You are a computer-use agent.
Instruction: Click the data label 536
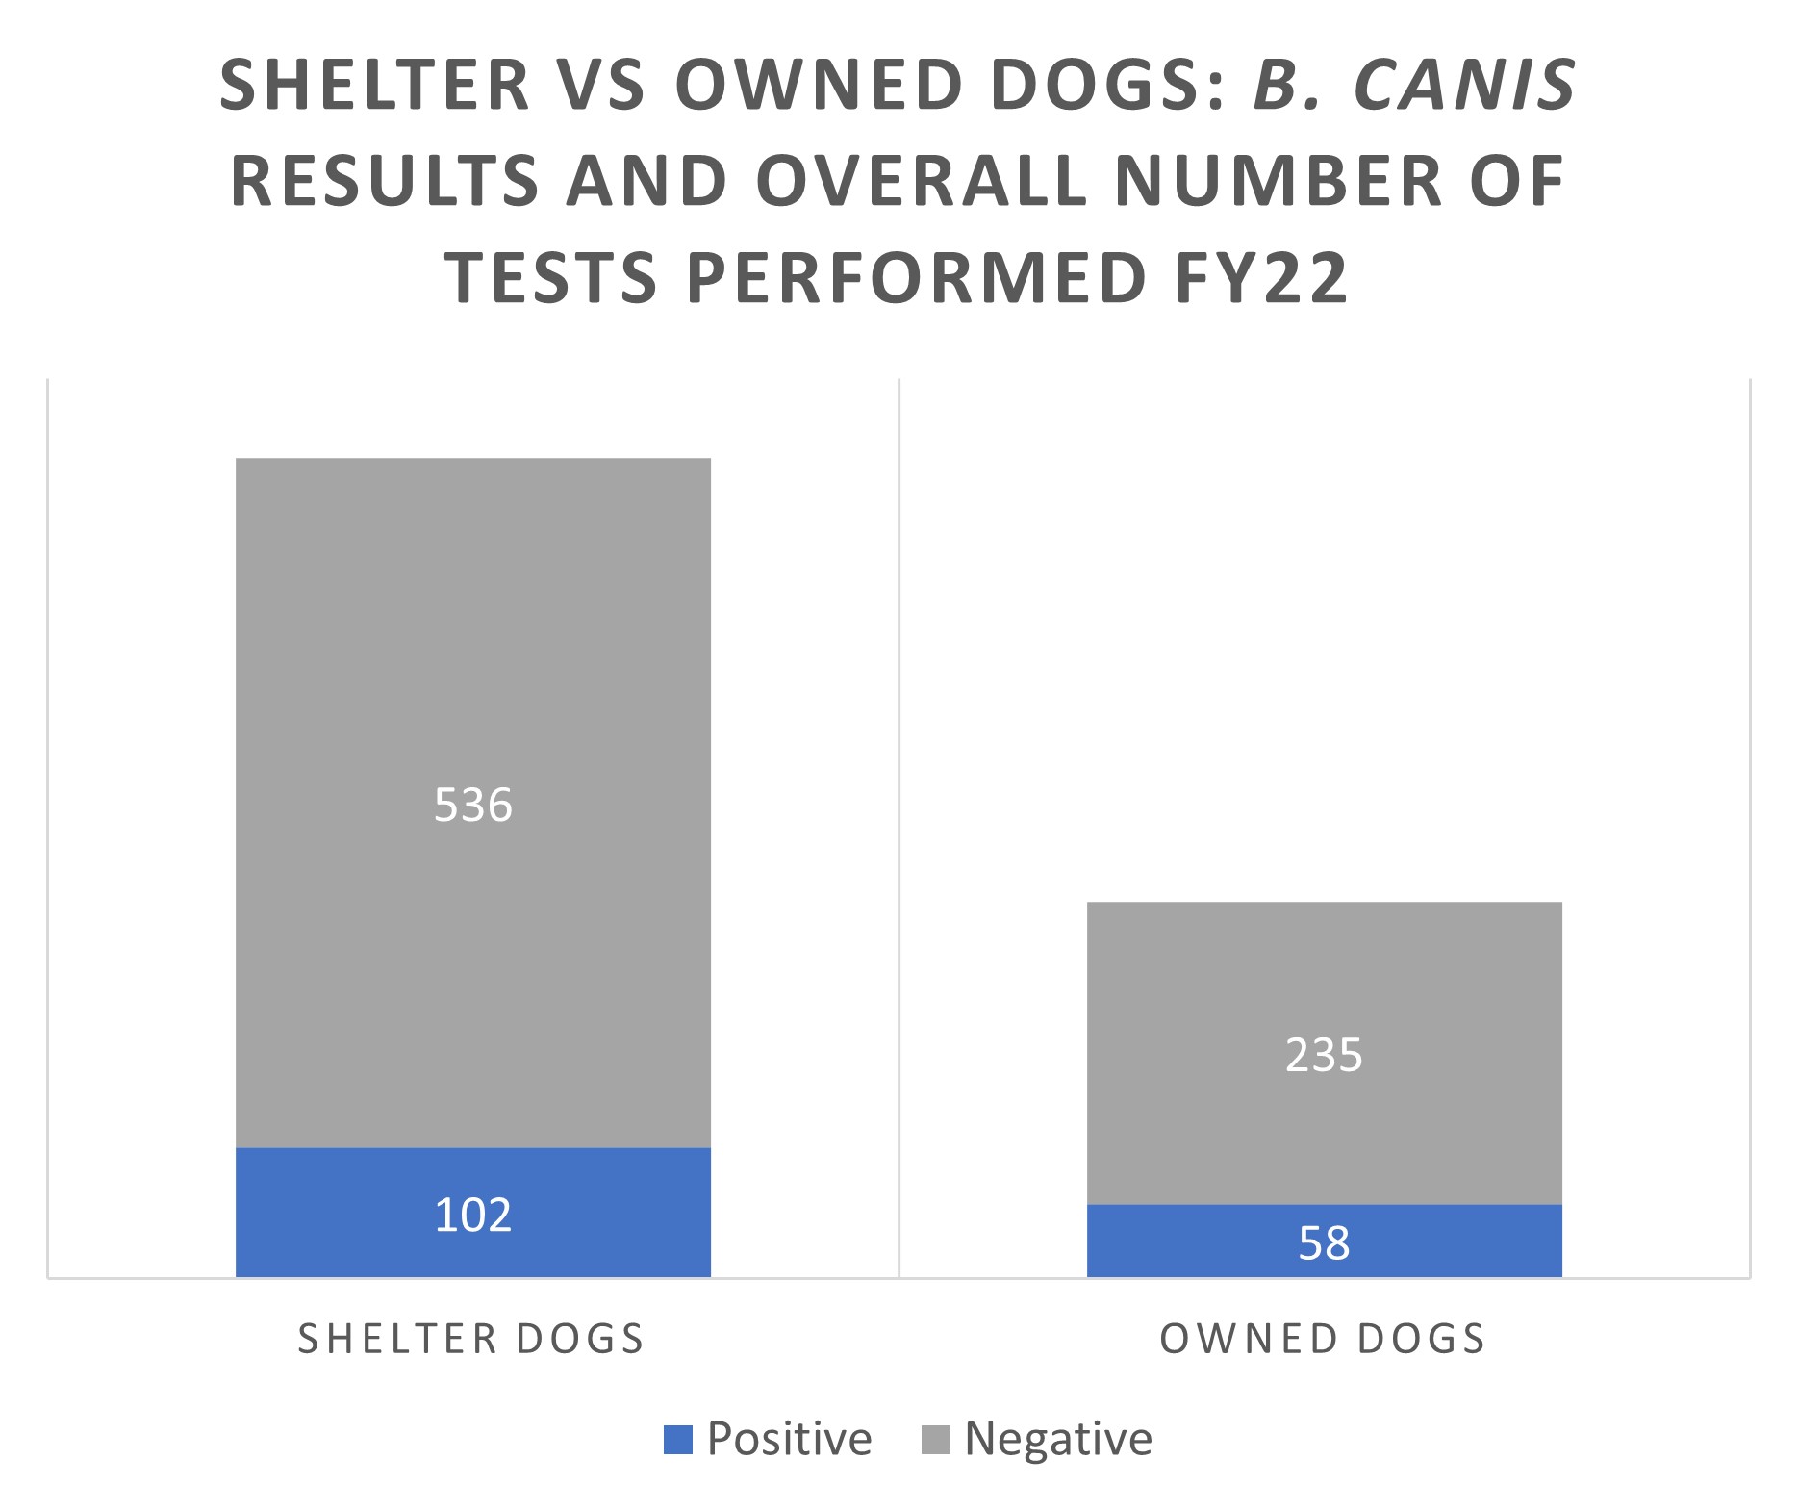click(x=472, y=805)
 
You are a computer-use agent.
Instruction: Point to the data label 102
click(x=472, y=1215)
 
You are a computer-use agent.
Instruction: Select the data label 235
click(x=1324, y=1055)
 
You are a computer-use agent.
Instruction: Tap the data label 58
click(x=1324, y=1242)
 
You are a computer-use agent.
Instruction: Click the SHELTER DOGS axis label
click(x=471, y=1339)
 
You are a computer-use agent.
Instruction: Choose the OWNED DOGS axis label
click(x=1323, y=1339)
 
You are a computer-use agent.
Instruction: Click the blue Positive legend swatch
click(x=678, y=1440)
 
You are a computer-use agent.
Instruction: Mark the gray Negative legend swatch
click(x=935, y=1440)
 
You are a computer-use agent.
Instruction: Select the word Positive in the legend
click(x=789, y=1440)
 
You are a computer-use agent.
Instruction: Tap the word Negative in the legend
click(x=1058, y=1440)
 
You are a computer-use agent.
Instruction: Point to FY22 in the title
click(x=1260, y=277)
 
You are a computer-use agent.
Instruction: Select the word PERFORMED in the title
click(x=917, y=277)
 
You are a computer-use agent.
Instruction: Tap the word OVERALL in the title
click(x=921, y=180)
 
